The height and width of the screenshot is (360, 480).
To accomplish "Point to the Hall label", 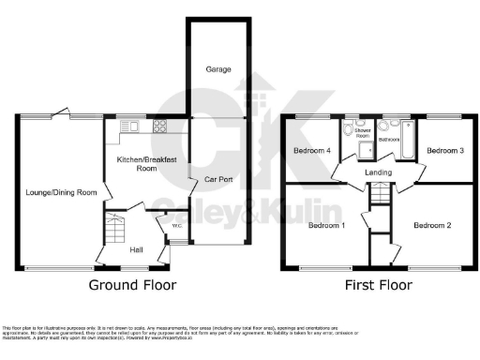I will click(136, 250).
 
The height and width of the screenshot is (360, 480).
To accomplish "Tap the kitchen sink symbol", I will click(128, 126).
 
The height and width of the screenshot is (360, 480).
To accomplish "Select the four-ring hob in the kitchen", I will click(160, 127).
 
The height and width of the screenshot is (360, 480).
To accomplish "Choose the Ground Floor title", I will click(130, 284).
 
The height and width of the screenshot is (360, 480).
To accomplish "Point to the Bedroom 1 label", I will click(327, 225).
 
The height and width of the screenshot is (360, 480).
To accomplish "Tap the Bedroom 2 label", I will click(434, 225).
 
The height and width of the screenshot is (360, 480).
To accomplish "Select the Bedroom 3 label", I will click(445, 150).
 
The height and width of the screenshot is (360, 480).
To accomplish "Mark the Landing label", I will click(379, 172).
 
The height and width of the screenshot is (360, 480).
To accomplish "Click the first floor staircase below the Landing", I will click(379, 196).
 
